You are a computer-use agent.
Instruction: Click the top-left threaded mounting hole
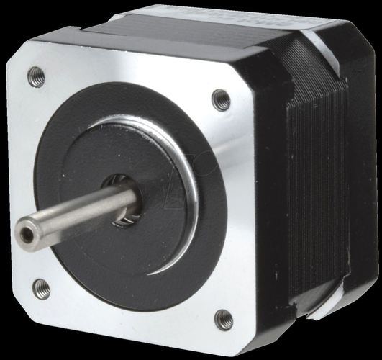tap(36, 76)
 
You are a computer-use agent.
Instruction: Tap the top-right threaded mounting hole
tap(222, 99)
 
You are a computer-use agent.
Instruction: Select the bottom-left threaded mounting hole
tap(42, 289)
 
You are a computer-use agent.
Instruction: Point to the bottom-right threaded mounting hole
tap(224, 318)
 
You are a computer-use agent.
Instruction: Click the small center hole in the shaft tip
tap(27, 234)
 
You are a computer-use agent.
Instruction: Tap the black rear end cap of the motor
tap(360, 180)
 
